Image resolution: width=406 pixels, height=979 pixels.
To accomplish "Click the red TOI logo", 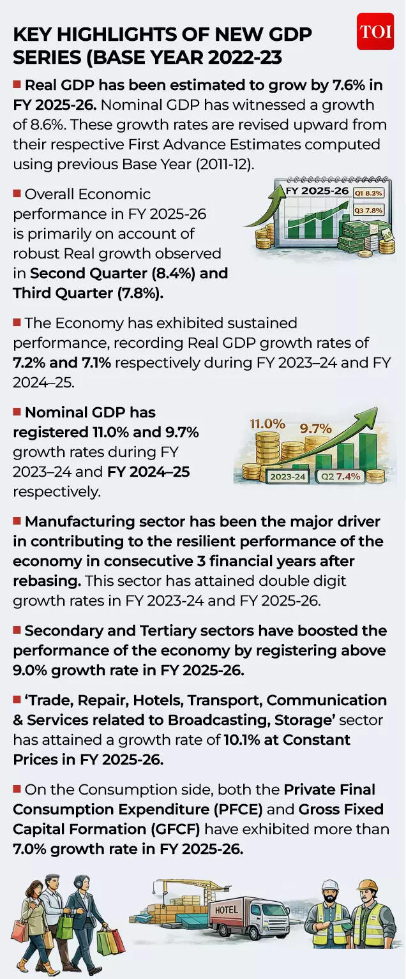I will (375, 31).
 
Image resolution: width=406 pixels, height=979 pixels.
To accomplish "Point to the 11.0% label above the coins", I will (267, 424).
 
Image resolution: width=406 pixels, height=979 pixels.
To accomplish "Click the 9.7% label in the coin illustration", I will (316, 429).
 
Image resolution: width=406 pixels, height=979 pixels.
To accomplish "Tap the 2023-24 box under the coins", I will (287, 476).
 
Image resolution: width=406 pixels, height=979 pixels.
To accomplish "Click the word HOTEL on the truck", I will (227, 909).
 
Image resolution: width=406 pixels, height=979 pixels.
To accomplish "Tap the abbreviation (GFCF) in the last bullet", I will (168, 829).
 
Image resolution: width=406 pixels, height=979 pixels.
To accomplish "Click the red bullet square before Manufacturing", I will (17, 521).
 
